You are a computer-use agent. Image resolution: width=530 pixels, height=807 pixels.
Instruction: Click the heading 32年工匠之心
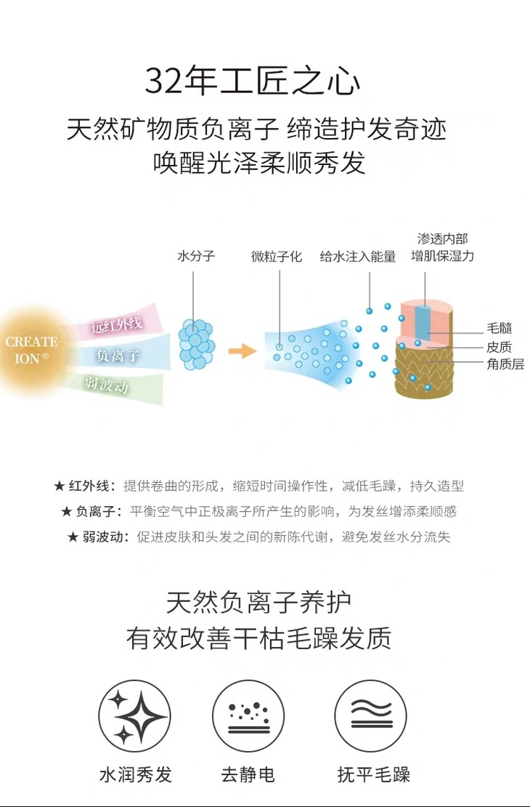click(x=253, y=80)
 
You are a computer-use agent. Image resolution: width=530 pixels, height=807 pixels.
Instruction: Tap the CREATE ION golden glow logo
click(x=31, y=349)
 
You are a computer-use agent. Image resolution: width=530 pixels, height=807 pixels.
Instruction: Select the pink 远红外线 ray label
click(x=116, y=325)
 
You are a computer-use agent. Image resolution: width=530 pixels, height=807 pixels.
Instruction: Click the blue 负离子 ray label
click(x=118, y=356)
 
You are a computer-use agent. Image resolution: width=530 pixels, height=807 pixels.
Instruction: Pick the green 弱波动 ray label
click(x=106, y=385)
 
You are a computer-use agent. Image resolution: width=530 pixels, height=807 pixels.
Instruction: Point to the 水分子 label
click(x=196, y=256)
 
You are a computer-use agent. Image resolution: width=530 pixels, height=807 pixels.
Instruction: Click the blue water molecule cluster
click(x=196, y=342)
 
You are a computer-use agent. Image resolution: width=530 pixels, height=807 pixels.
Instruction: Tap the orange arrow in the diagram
click(x=242, y=351)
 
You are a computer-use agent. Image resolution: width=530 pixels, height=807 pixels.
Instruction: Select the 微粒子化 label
click(x=277, y=256)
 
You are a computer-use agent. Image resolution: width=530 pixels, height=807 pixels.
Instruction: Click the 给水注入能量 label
click(x=358, y=256)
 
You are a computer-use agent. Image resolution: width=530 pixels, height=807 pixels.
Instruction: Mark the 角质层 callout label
click(x=505, y=364)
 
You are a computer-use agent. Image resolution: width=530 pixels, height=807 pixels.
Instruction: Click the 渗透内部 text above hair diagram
click(x=442, y=239)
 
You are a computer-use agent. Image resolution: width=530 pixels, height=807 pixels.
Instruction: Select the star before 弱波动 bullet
click(x=73, y=537)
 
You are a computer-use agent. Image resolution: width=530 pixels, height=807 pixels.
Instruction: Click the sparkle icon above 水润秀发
click(x=134, y=716)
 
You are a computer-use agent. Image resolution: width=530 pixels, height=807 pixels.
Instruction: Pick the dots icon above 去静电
click(x=248, y=716)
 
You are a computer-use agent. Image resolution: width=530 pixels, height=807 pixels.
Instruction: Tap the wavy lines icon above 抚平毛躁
click(x=370, y=716)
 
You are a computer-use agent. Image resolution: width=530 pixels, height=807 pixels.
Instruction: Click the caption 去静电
click(x=248, y=774)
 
